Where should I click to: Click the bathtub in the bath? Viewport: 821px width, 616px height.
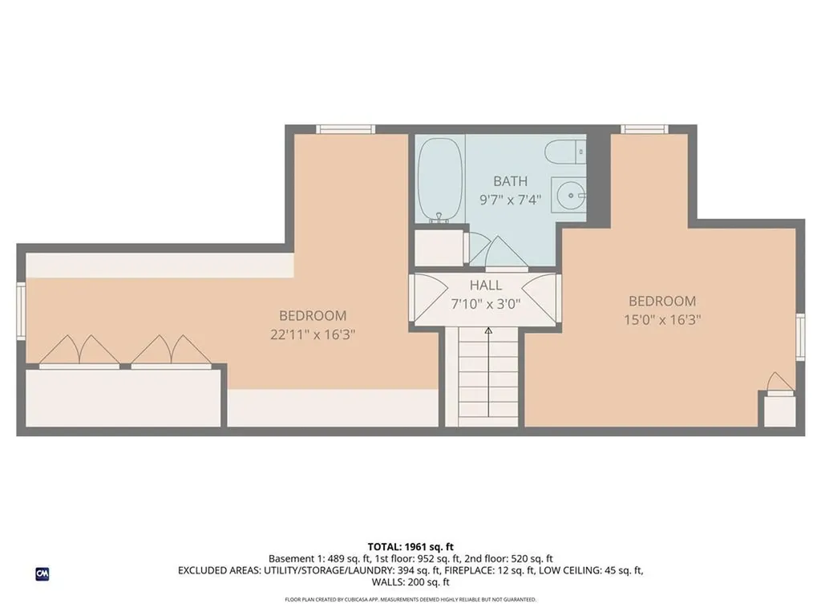pyautogui.click(x=440, y=179)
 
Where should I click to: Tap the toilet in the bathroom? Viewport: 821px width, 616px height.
pyautogui.click(x=564, y=150)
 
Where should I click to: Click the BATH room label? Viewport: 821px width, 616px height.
pyautogui.click(x=511, y=181)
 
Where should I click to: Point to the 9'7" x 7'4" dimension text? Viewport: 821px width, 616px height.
pyautogui.click(x=511, y=200)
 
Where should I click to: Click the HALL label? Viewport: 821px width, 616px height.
pyautogui.click(x=486, y=286)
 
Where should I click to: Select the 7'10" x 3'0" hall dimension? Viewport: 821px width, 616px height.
pyautogui.click(x=486, y=304)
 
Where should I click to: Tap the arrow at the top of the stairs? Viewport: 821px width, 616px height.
pyautogui.click(x=488, y=330)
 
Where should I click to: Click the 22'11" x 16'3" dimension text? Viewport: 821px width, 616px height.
pyautogui.click(x=313, y=334)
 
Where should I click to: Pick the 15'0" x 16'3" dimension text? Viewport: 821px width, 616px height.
pyautogui.click(x=661, y=320)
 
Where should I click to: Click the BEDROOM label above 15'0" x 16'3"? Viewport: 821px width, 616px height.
pyautogui.click(x=661, y=302)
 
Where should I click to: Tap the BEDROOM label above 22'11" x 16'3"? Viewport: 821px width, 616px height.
pyautogui.click(x=313, y=316)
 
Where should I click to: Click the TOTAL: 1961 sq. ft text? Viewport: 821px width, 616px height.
pyautogui.click(x=410, y=546)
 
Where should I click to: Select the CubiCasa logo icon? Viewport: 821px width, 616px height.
pyautogui.click(x=42, y=573)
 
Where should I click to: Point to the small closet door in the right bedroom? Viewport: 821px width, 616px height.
pyautogui.click(x=778, y=383)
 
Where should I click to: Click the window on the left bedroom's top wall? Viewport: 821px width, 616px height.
pyautogui.click(x=346, y=129)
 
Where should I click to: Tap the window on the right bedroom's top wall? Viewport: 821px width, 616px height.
pyautogui.click(x=645, y=129)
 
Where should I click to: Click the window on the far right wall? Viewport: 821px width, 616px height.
pyautogui.click(x=800, y=338)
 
